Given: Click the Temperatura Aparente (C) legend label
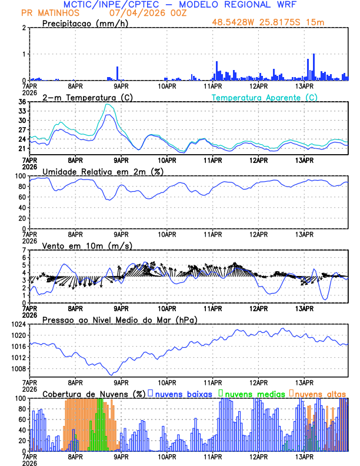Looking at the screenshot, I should (x=265, y=97).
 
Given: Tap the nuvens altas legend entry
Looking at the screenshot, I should (x=320, y=393).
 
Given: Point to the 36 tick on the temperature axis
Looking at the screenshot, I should (x=22, y=102).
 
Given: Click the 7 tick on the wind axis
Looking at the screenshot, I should (x=25, y=250).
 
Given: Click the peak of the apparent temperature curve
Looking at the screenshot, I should (x=108, y=104).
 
